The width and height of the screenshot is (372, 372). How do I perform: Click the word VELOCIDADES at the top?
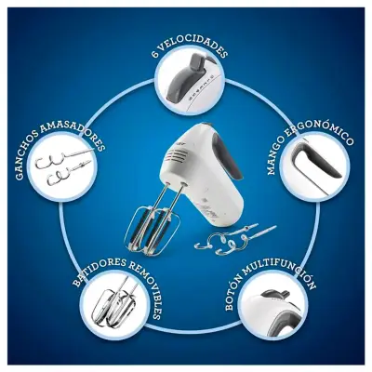click(x=193, y=47)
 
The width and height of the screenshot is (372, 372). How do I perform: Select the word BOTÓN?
click(x=233, y=296)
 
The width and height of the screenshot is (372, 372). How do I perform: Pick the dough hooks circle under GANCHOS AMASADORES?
click(x=62, y=167)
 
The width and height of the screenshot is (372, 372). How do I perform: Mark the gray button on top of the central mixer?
click(x=205, y=125)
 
